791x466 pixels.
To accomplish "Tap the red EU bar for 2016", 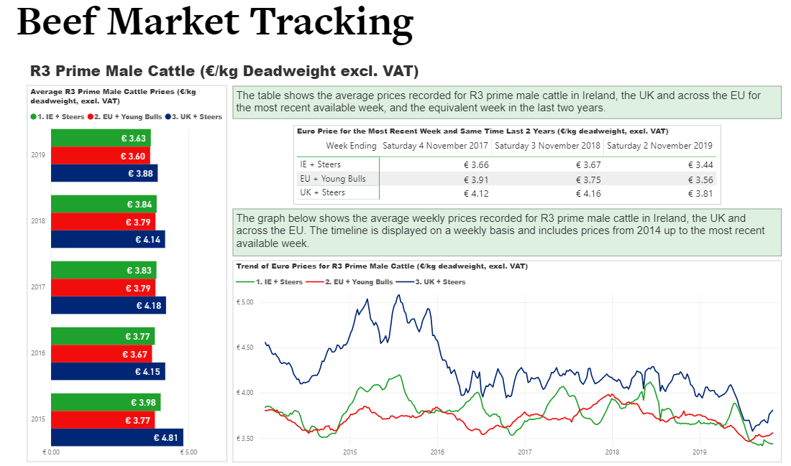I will [101, 354].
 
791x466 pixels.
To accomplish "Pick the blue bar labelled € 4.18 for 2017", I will [108, 306].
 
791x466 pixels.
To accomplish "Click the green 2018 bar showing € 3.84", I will [103, 204].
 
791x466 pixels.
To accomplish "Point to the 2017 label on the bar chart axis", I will [38, 287].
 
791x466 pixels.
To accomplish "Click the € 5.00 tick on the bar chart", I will [189, 452].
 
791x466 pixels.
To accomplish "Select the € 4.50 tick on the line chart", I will [245, 348].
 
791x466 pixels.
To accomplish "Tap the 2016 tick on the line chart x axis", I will [437, 452].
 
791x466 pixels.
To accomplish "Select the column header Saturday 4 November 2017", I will [435, 146].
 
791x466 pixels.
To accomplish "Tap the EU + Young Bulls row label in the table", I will [332, 179].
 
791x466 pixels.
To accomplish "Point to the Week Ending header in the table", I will [351, 146].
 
